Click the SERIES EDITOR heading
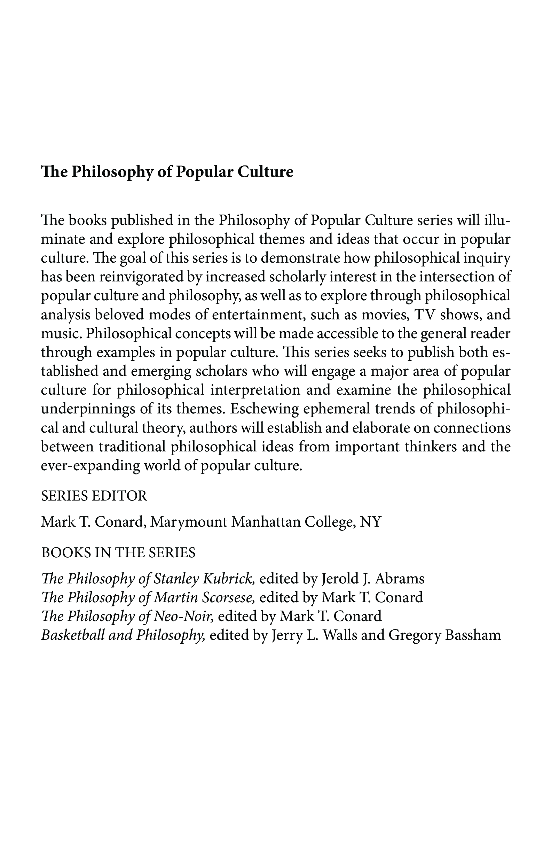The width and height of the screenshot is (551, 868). click(94, 496)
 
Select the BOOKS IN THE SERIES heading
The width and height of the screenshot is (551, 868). click(118, 552)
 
